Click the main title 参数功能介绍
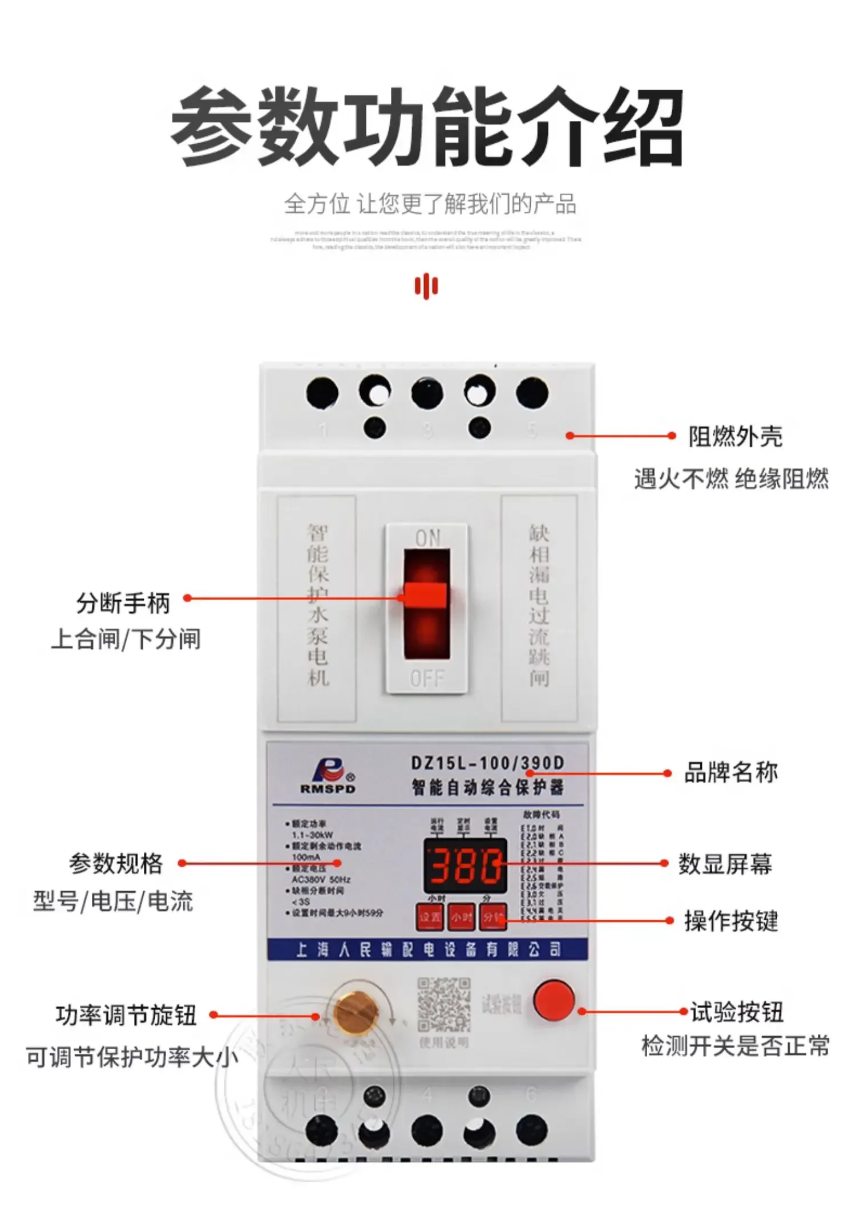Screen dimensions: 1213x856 pos(427,127)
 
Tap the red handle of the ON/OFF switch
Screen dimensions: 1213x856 pos(425,596)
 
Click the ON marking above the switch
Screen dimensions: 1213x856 pos(427,537)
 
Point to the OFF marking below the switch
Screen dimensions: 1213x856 pos(427,678)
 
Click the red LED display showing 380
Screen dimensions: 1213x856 pos(465,865)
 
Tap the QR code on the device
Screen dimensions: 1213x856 pos(444,1005)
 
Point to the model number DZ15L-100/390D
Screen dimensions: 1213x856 pos(487,763)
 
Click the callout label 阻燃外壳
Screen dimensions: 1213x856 pos(735,436)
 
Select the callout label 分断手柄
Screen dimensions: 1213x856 pos(123,603)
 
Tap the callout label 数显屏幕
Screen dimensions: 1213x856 pos(725,864)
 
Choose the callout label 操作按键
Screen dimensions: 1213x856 pos(731,921)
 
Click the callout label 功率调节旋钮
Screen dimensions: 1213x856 pos(126,1015)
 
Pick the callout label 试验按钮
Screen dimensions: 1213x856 pos(737,1012)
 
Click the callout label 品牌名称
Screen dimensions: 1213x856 pos(730,773)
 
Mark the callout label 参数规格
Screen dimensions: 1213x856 pos(116,864)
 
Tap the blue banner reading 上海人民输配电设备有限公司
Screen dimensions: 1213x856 pos(427,949)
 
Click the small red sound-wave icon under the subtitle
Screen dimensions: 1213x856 pos(426,285)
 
